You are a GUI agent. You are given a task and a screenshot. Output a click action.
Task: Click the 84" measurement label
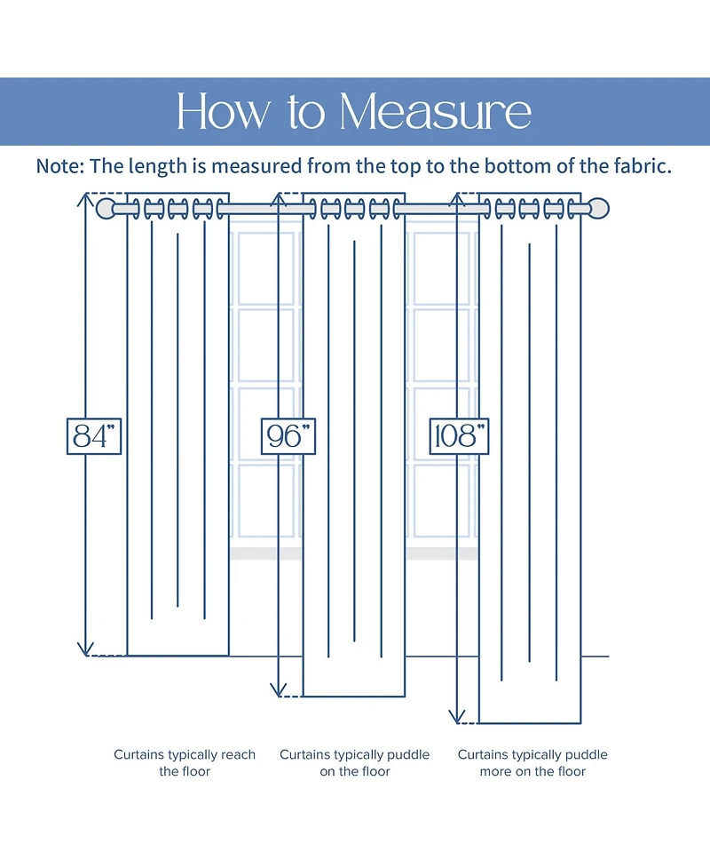(93, 435)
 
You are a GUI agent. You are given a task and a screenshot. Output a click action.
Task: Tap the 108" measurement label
(460, 435)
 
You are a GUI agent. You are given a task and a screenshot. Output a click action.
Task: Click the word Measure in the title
(436, 112)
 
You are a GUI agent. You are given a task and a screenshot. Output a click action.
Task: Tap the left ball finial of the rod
(106, 210)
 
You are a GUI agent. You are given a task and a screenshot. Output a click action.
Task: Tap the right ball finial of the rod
(601, 210)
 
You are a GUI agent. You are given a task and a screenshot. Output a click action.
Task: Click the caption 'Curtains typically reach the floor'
(185, 763)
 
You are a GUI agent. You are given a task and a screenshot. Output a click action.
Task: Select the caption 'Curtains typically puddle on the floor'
(355, 763)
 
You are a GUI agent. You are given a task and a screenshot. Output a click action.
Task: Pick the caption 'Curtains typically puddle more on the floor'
(532, 763)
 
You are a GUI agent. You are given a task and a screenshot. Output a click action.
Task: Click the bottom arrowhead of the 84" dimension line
(86, 650)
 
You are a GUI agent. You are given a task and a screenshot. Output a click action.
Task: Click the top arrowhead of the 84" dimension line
(86, 198)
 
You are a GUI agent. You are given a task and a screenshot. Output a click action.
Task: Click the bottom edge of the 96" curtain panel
(354, 697)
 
